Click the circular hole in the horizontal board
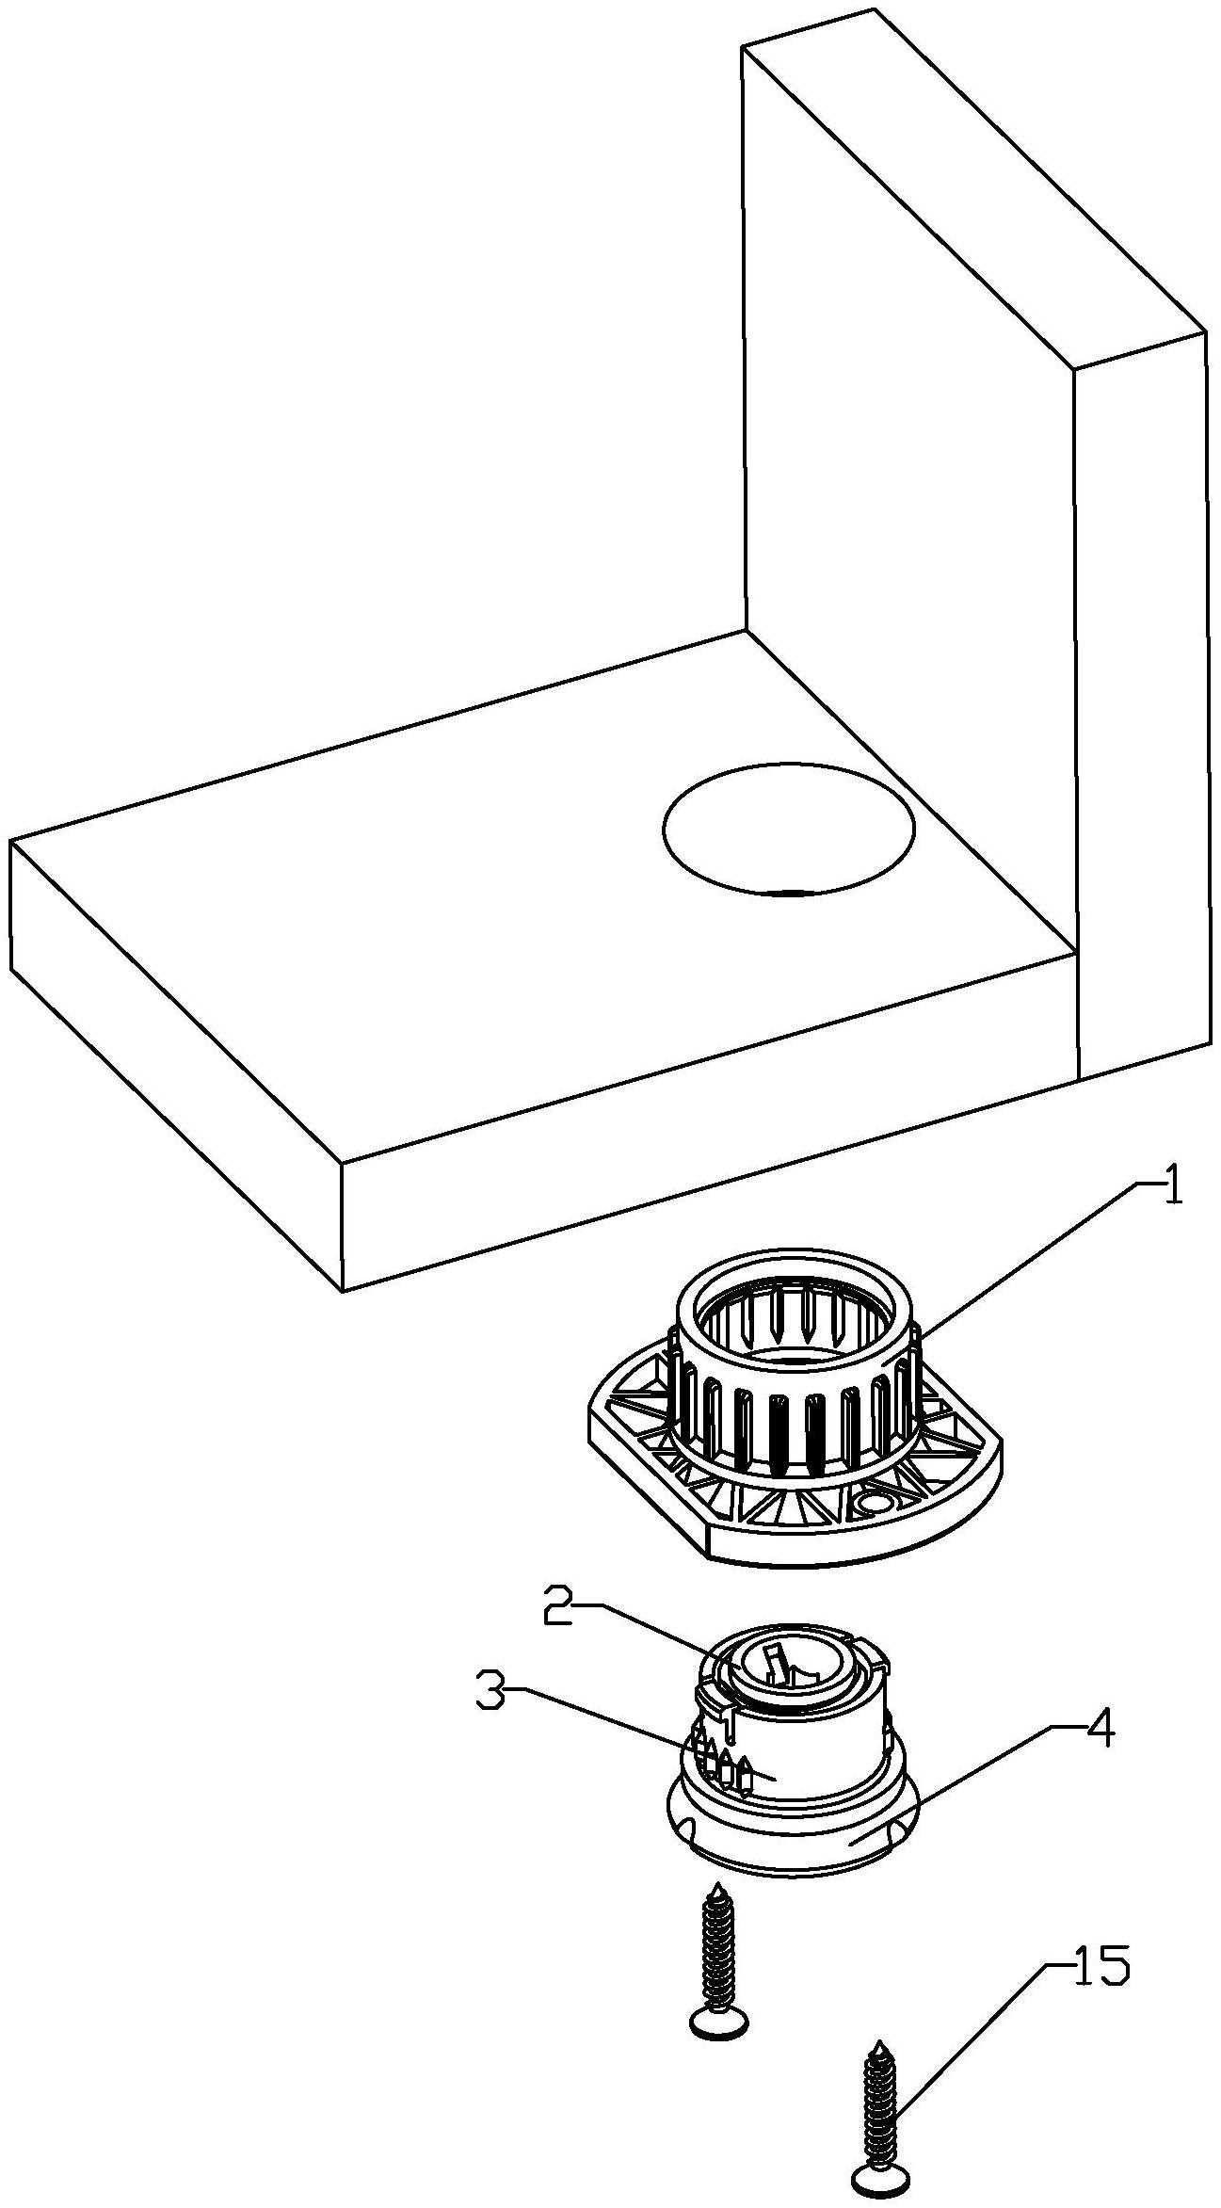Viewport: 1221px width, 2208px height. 788,829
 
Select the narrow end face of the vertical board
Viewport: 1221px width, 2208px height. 1141,706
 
